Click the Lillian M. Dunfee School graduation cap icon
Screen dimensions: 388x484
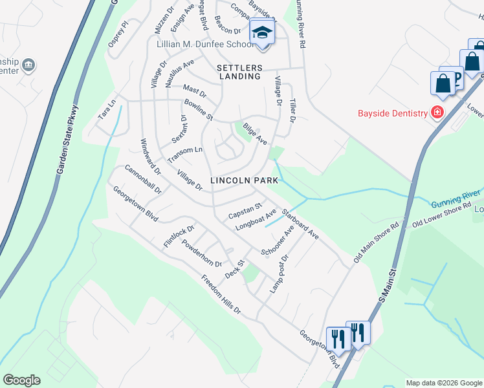click(x=263, y=32)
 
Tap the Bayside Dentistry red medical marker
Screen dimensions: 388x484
click(x=438, y=113)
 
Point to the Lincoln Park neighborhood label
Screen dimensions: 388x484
click(x=239, y=180)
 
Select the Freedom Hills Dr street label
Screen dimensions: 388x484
click(x=221, y=295)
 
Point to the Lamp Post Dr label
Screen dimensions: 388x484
click(x=278, y=272)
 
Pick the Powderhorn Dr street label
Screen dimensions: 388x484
click(x=202, y=254)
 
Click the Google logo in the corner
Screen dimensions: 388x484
click(x=21, y=380)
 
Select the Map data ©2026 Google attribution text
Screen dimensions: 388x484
click(x=444, y=383)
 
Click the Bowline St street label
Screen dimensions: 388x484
click(x=198, y=110)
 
